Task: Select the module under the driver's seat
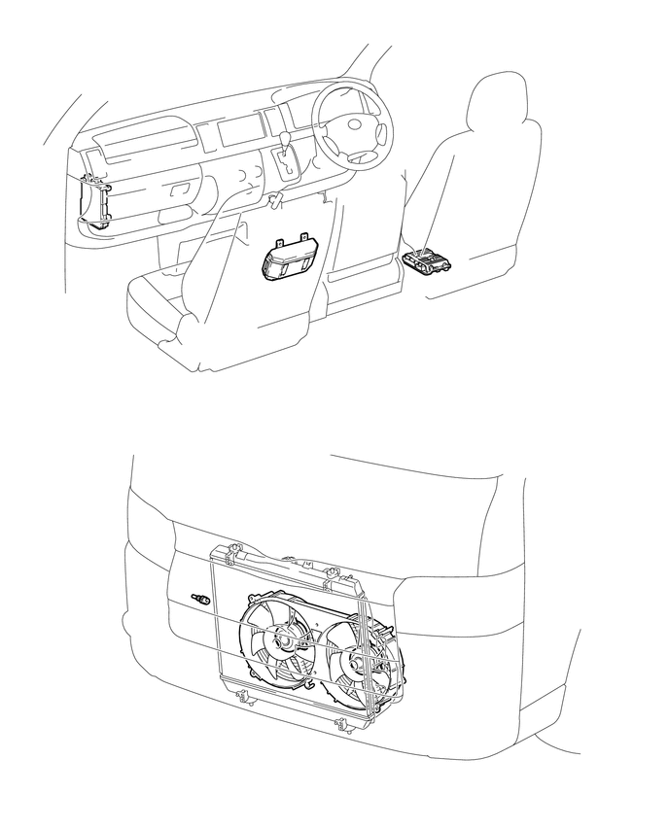[425, 260]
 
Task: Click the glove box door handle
[181, 192]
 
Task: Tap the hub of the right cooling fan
[357, 664]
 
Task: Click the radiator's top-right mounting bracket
[334, 571]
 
